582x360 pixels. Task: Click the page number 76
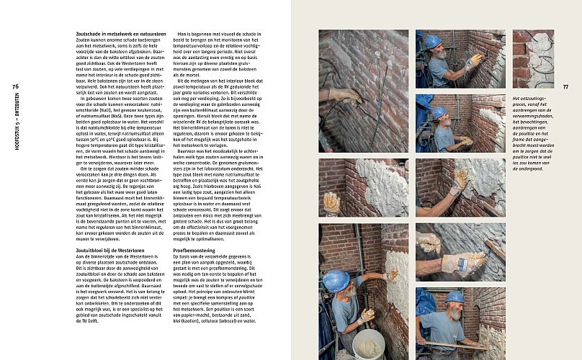[16, 86]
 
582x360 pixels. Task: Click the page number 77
[566, 86]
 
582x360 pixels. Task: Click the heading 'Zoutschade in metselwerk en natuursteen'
[121, 34]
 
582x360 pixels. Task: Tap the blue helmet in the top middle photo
[432, 42]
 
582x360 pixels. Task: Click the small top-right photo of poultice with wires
[533, 58]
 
